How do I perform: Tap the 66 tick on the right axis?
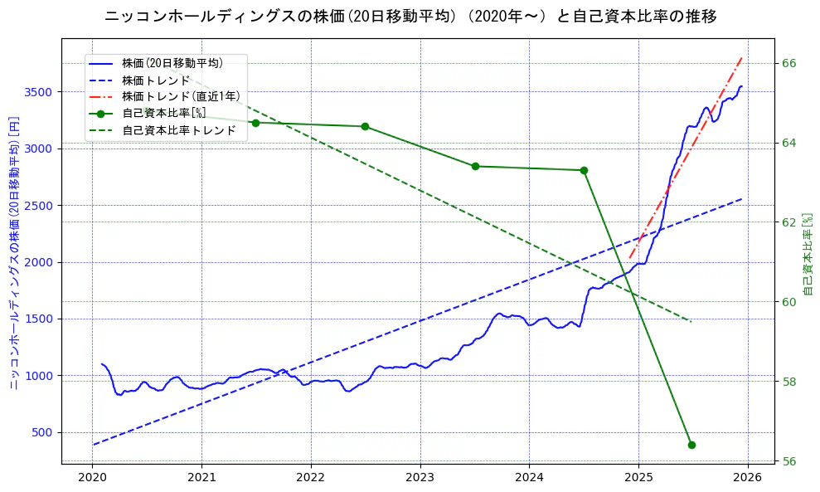(788, 63)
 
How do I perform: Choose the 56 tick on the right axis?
(788, 461)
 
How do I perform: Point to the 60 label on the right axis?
(788, 302)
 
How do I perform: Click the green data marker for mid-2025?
(691, 445)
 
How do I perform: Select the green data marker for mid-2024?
(584, 170)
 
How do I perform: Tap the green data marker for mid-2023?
(475, 166)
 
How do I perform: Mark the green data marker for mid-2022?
(365, 126)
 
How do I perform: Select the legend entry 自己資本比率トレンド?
(184, 130)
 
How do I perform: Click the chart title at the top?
(410, 16)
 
